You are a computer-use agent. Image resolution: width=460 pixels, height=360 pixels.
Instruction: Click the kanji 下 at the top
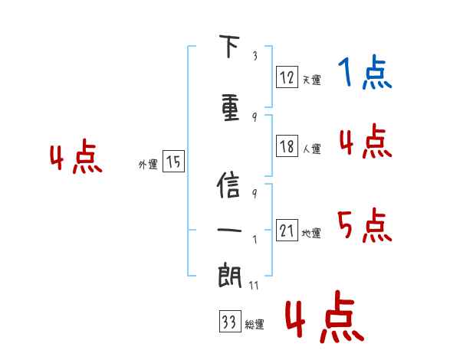pos(229,47)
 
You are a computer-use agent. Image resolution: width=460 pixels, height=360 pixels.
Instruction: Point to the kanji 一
pos(229,230)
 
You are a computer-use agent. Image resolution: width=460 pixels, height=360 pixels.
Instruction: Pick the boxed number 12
pos(287,77)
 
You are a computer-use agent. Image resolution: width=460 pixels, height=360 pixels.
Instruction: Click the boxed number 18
pos(287,146)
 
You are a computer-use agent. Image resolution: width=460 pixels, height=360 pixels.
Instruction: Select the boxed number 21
pos(287,231)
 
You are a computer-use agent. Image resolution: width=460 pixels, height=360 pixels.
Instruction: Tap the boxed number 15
pos(173,162)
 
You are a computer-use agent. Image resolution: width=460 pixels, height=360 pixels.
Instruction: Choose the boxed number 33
pos(229,322)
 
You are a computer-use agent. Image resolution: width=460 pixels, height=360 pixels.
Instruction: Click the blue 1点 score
pos(365,74)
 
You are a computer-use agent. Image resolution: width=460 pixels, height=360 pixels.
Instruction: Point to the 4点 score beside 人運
pos(365,142)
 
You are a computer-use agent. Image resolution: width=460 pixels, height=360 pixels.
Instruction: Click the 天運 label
pos(311,80)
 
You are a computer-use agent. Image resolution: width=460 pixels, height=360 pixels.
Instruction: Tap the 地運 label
pos(311,234)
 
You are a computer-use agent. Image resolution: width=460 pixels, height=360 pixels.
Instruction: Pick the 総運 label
pos(255,326)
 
